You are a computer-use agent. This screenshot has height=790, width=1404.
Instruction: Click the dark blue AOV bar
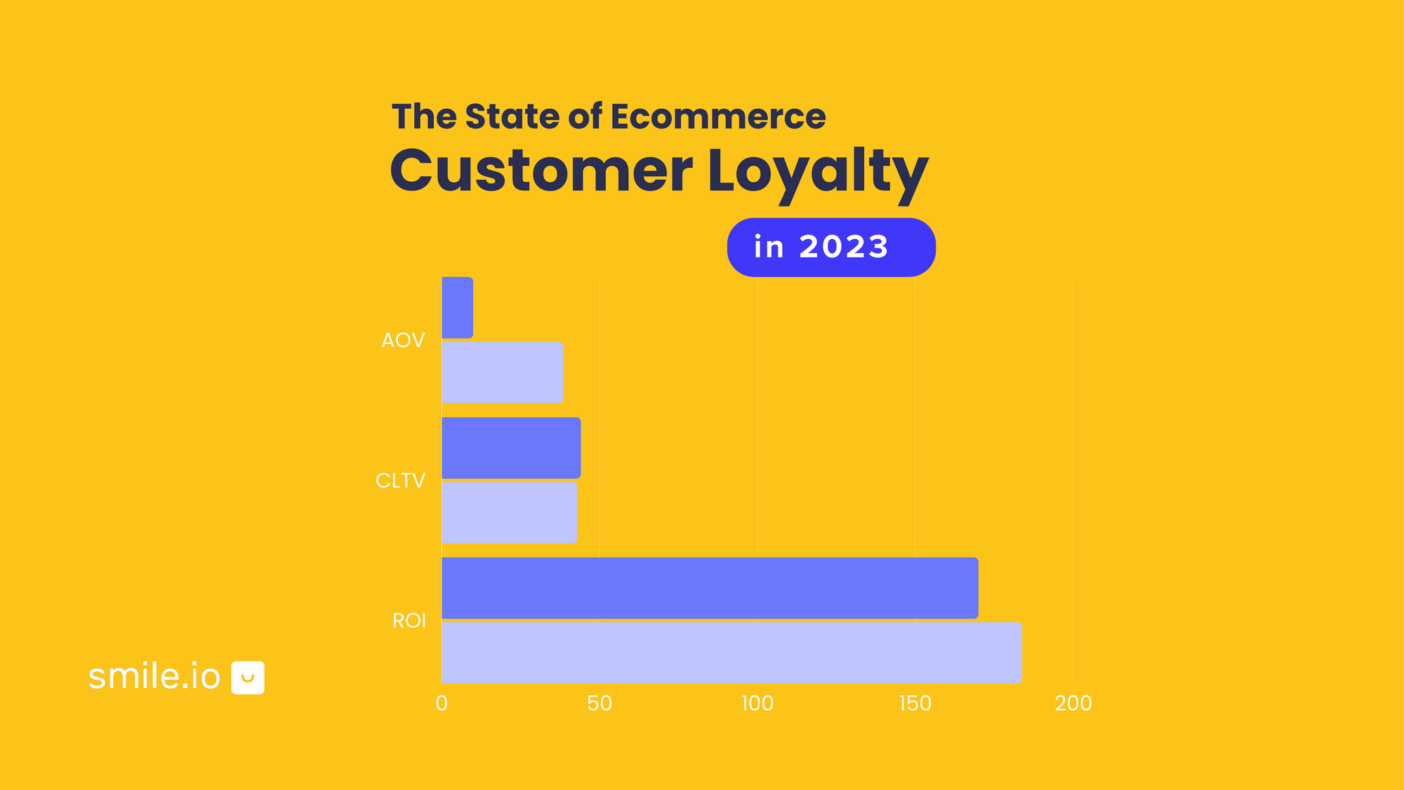pos(457,308)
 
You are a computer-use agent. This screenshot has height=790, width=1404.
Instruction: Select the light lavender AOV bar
pos(502,372)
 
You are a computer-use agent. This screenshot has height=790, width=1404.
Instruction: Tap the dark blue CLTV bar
pos(511,448)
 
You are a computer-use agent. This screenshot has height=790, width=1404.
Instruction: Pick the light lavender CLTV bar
pos(509,512)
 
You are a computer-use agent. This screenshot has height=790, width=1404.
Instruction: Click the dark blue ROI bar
pos(709,588)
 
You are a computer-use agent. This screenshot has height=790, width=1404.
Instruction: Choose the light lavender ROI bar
pos(731,652)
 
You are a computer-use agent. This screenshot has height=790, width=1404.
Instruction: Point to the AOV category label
pos(403,341)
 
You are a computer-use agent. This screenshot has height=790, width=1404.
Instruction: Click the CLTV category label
pos(400,480)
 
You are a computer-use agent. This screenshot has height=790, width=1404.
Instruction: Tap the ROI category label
pos(409,621)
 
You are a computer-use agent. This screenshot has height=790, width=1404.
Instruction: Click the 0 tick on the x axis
pos(442,703)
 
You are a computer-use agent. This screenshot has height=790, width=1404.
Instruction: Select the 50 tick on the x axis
pos(600,703)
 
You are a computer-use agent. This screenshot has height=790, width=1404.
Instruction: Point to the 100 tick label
pos(757,703)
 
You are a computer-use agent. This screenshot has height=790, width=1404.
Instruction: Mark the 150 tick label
pos(915,703)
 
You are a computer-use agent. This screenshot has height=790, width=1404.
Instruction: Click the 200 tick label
pos(1073,703)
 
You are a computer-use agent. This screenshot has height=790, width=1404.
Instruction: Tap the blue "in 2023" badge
pos(831,247)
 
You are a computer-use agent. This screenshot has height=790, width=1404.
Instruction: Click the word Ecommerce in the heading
pos(718,117)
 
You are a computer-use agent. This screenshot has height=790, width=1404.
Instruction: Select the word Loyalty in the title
pos(818,172)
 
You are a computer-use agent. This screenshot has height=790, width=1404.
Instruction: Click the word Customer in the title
pos(541,172)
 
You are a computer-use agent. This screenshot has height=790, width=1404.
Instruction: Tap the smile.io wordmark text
pos(154,676)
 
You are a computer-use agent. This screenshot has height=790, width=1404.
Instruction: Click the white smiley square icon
pos(248,678)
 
